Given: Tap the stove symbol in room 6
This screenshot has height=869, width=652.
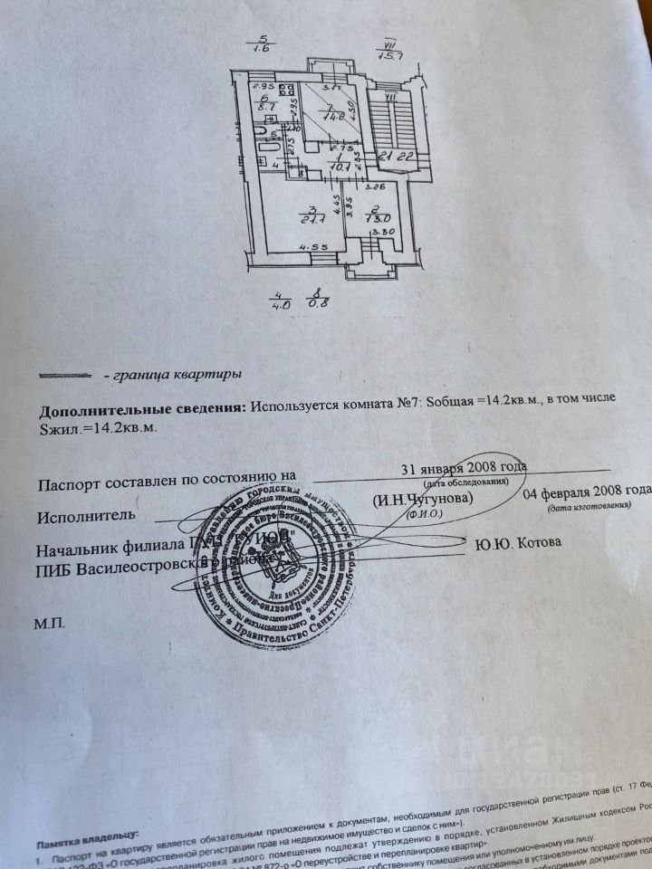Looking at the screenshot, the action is (288, 90).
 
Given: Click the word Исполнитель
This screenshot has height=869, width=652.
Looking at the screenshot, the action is (86, 516).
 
